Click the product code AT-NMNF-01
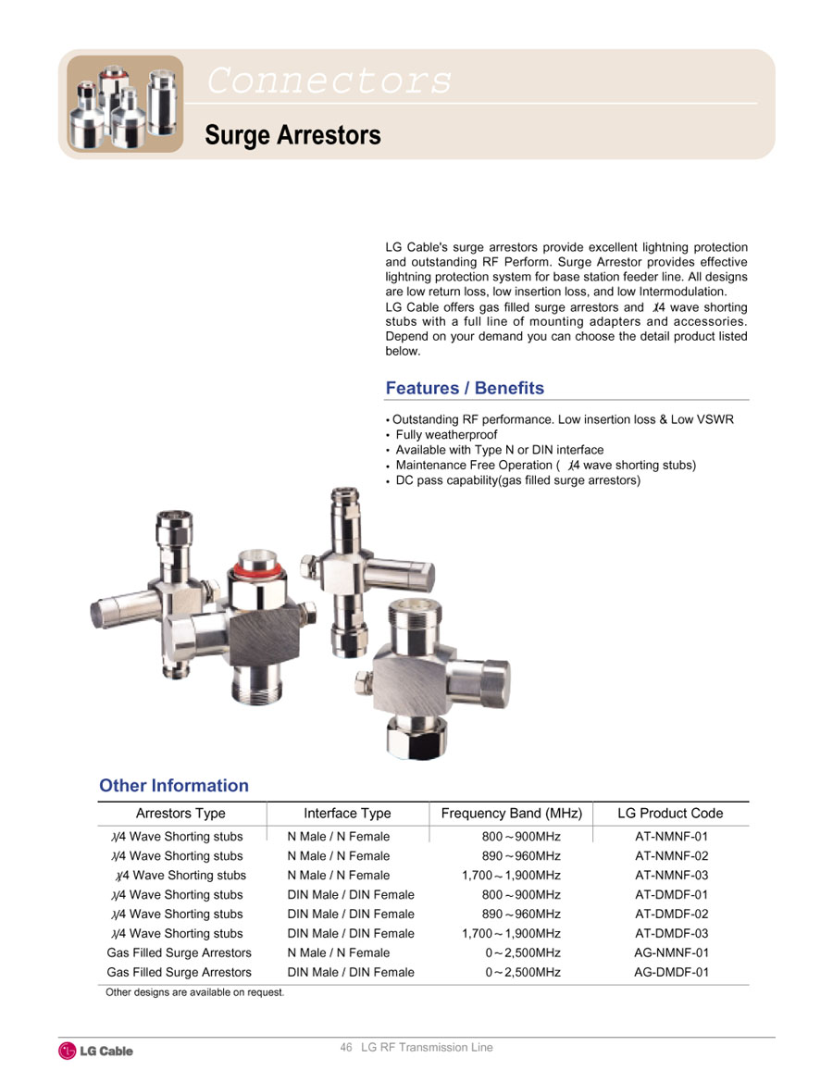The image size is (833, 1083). pos(671,837)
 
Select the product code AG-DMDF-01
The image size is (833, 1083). pos(671,972)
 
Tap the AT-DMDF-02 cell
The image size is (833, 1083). pos(671,915)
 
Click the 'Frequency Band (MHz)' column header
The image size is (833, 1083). pos(511,814)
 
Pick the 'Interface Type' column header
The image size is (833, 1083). pos(347,814)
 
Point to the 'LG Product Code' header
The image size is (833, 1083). pos(670,814)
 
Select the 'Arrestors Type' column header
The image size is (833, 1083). pos(180,814)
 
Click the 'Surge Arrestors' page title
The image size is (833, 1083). pos(292,135)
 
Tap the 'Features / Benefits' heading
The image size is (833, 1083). pos(465,388)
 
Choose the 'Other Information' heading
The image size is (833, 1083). pos(174,786)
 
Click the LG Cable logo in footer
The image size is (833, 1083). pos(96,1051)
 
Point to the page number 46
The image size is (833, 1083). pos(346,1048)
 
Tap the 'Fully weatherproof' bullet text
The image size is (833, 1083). pos(446,435)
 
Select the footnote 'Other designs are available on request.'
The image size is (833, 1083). pos(195,993)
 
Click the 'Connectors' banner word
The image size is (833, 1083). pos(329,81)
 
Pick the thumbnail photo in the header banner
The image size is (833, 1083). pos(126,104)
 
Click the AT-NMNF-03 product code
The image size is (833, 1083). pos(671,876)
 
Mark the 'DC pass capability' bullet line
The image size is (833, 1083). pos(517,480)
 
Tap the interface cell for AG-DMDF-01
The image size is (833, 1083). pos(351,972)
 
